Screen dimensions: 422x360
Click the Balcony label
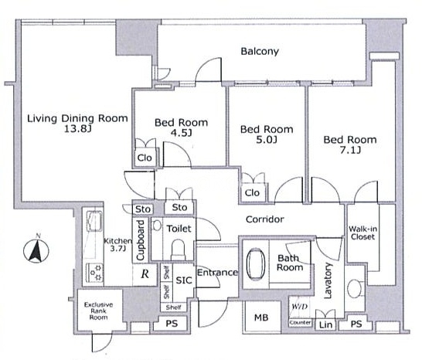coord(260,52)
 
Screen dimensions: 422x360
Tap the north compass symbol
coord(36,250)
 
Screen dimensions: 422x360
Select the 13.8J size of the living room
coord(77,129)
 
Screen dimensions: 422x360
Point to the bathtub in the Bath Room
coord(256,264)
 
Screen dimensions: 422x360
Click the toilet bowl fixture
coord(178,249)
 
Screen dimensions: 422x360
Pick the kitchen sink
coord(94,222)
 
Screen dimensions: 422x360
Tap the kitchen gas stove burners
coord(94,272)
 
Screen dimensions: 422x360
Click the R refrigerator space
coord(145,274)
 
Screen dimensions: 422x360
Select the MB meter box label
coord(261,318)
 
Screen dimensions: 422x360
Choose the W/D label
coord(299,307)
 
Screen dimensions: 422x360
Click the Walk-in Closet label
coord(362,233)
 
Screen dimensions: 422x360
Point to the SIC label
coord(184,280)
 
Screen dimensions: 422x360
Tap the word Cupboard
coord(140,240)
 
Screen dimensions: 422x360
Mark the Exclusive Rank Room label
coord(98,311)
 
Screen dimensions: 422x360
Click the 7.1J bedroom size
coord(350,150)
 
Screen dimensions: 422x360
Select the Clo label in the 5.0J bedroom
coord(252,192)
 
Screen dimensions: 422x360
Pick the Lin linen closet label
coord(325,324)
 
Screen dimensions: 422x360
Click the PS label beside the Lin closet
coord(356,324)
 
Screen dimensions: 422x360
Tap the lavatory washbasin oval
coord(354,288)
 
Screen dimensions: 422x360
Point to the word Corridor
coord(265,219)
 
